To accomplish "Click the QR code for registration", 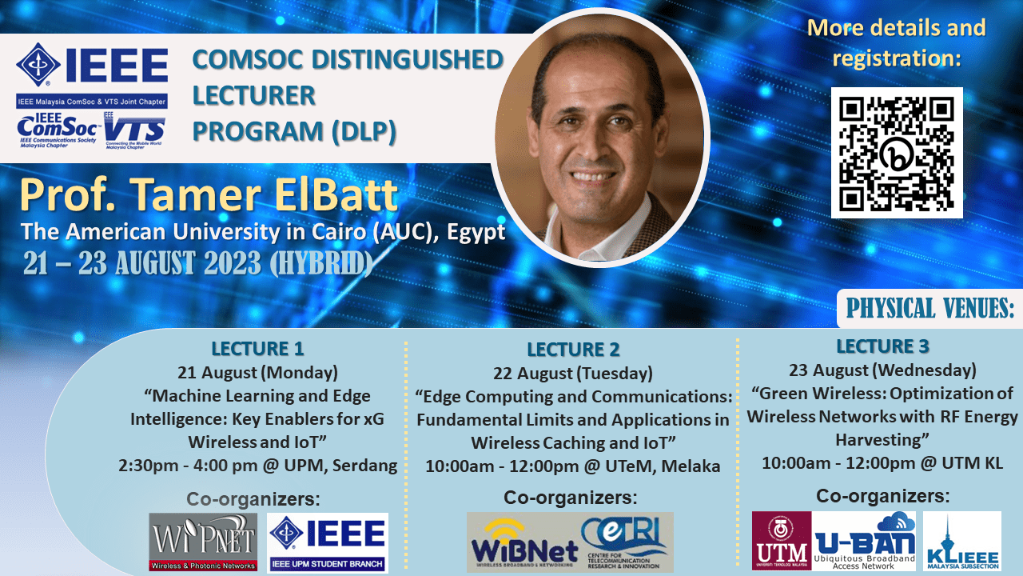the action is [x=897, y=153].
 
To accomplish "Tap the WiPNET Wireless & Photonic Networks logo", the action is [x=203, y=542].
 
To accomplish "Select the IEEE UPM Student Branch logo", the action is [x=328, y=542].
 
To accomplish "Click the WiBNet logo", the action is [x=524, y=543].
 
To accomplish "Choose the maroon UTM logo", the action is [x=782, y=541].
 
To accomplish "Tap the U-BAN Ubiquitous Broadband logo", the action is [x=864, y=541].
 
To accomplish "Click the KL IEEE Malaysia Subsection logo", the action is [x=962, y=541].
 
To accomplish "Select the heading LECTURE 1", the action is [x=257, y=349].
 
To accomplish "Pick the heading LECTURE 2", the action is [x=573, y=350].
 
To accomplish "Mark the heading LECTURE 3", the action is [x=882, y=346].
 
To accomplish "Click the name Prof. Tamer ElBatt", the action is [x=209, y=196].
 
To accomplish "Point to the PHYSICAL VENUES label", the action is [x=929, y=308].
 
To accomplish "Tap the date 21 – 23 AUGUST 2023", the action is [x=142, y=263].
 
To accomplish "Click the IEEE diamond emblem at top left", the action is [x=38, y=65].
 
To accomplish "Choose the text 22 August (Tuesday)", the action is [x=573, y=374].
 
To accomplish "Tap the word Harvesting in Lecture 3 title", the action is [x=882, y=440].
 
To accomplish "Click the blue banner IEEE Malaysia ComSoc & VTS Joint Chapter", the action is [x=92, y=102].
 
